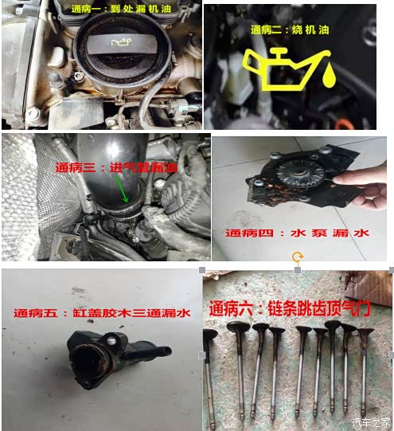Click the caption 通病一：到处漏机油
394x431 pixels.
121,9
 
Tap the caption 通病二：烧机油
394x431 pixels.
290,29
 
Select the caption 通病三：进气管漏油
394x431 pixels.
116,167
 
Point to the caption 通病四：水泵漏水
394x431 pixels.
297,233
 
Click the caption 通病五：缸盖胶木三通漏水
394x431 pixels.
102,313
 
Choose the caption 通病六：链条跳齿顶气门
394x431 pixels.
290,308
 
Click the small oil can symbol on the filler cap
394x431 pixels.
121,42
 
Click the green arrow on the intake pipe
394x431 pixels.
122,189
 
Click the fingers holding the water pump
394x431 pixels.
362,184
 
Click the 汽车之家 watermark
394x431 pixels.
371,422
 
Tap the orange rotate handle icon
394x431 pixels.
298,257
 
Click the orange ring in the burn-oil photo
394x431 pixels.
344,124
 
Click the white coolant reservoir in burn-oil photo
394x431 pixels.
236,78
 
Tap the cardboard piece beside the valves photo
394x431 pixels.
369,288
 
